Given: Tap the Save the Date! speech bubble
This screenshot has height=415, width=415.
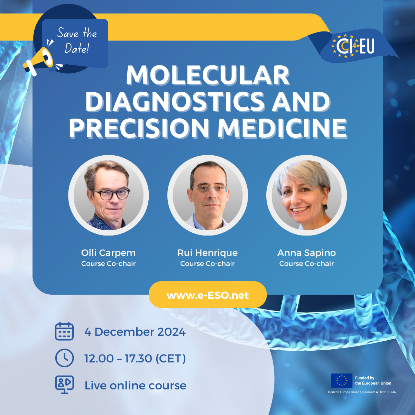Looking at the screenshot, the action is coord(75,44).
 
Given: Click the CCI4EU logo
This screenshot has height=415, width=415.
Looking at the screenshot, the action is coord(353,46).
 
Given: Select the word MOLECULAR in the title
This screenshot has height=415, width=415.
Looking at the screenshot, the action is coord(208,76).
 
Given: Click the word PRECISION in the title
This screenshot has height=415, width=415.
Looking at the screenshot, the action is coord(139,128).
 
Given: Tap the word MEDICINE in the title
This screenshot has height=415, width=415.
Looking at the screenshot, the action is coord(282,128).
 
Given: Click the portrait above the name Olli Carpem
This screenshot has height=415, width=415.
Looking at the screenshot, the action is coord(108,195).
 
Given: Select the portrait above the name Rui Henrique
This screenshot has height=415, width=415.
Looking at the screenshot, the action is coord(207,195).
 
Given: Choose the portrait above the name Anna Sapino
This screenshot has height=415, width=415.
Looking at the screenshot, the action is coord(306,195).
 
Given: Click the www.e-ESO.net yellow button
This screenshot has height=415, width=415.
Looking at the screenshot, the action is coord(207,295).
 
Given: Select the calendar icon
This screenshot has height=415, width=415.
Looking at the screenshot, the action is coord(64,331).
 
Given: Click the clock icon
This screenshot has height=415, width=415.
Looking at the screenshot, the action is coord(64,358).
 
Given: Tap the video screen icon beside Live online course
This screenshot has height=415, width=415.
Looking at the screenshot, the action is coord(64,385).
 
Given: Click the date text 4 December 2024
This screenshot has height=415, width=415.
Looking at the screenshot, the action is coord(135,332).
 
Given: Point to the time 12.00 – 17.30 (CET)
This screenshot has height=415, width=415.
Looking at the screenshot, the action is coord(135,359).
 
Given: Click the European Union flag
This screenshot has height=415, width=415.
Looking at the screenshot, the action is coord(342,380).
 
